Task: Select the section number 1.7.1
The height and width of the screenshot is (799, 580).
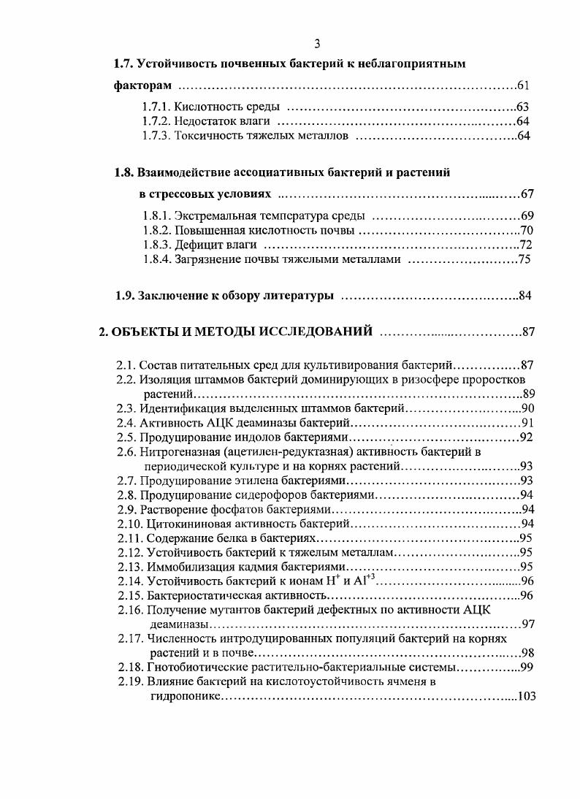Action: point(157,107)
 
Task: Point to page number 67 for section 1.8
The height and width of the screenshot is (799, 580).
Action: point(528,194)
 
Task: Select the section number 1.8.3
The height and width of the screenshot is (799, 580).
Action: point(157,245)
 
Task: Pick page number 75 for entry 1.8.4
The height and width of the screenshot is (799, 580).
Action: point(524,259)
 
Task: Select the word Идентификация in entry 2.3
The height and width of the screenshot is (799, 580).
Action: point(178,408)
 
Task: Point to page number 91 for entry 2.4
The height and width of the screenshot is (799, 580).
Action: point(527,423)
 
